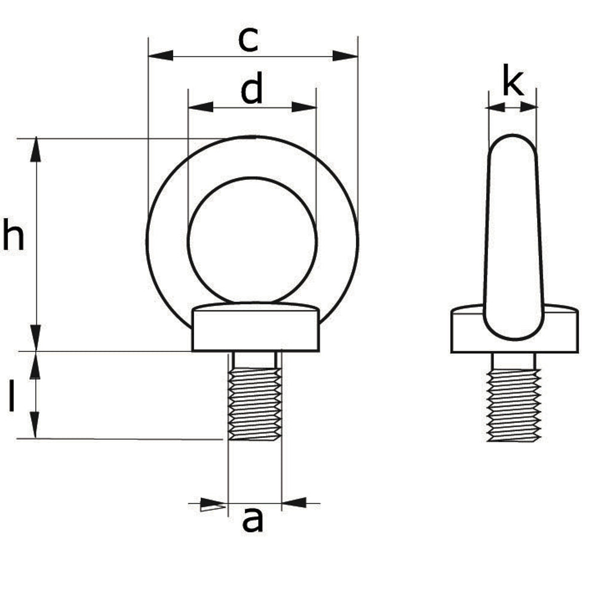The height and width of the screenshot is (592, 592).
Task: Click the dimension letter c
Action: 249,40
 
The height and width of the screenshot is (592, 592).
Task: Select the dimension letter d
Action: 252,88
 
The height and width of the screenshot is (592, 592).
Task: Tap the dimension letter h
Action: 13,234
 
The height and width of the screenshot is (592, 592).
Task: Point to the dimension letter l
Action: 12,395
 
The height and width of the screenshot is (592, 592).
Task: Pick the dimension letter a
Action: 253,520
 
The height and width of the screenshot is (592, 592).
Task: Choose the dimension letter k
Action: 513,80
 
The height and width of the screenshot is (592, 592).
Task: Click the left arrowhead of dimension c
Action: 161,56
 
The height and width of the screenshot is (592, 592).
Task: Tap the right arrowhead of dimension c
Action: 345,56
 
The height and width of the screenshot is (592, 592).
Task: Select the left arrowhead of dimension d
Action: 201,107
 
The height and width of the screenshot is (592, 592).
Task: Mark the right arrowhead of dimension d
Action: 304,107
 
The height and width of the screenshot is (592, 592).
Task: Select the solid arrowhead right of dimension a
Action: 294,502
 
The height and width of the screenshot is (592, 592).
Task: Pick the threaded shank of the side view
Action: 514,405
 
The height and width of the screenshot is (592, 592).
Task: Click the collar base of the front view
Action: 256,327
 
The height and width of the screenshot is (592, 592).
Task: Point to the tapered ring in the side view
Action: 514,237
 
